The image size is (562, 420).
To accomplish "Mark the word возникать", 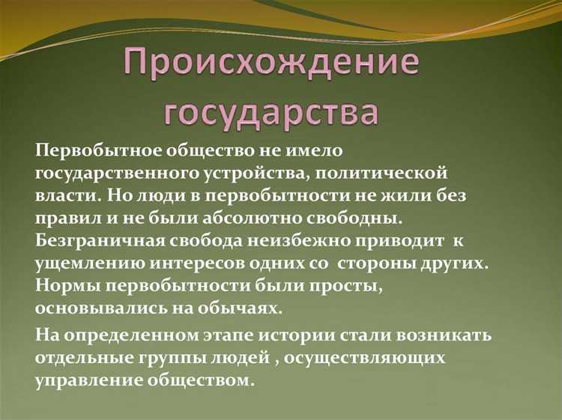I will coord(432,335).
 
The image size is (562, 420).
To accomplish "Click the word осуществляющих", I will coord(366,358).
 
